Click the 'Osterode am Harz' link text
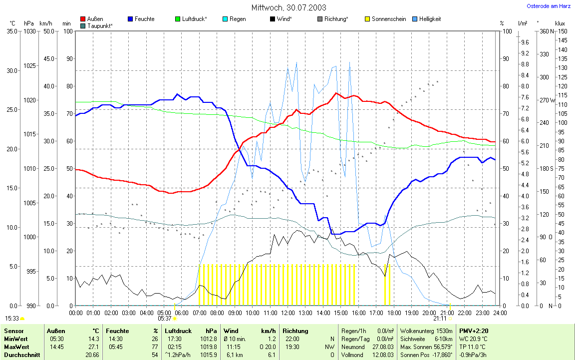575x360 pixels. click(549, 6)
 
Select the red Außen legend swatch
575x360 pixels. click(83, 19)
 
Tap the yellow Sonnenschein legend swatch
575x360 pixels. click(367, 19)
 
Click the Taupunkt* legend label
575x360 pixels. click(100, 25)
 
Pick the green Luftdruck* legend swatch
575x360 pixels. click(178, 19)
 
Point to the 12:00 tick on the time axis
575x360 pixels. click(287, 313)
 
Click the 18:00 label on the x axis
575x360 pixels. click(394, 313)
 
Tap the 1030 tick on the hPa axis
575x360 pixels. click(29, 31)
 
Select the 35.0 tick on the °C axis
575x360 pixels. click(11, 31)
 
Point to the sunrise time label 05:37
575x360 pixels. click(165, 318)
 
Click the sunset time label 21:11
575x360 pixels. click(440, 318)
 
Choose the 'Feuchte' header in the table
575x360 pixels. click(117, 331)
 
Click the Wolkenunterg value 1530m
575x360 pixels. click(443, 331)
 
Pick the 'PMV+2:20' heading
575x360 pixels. click(474, 331)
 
